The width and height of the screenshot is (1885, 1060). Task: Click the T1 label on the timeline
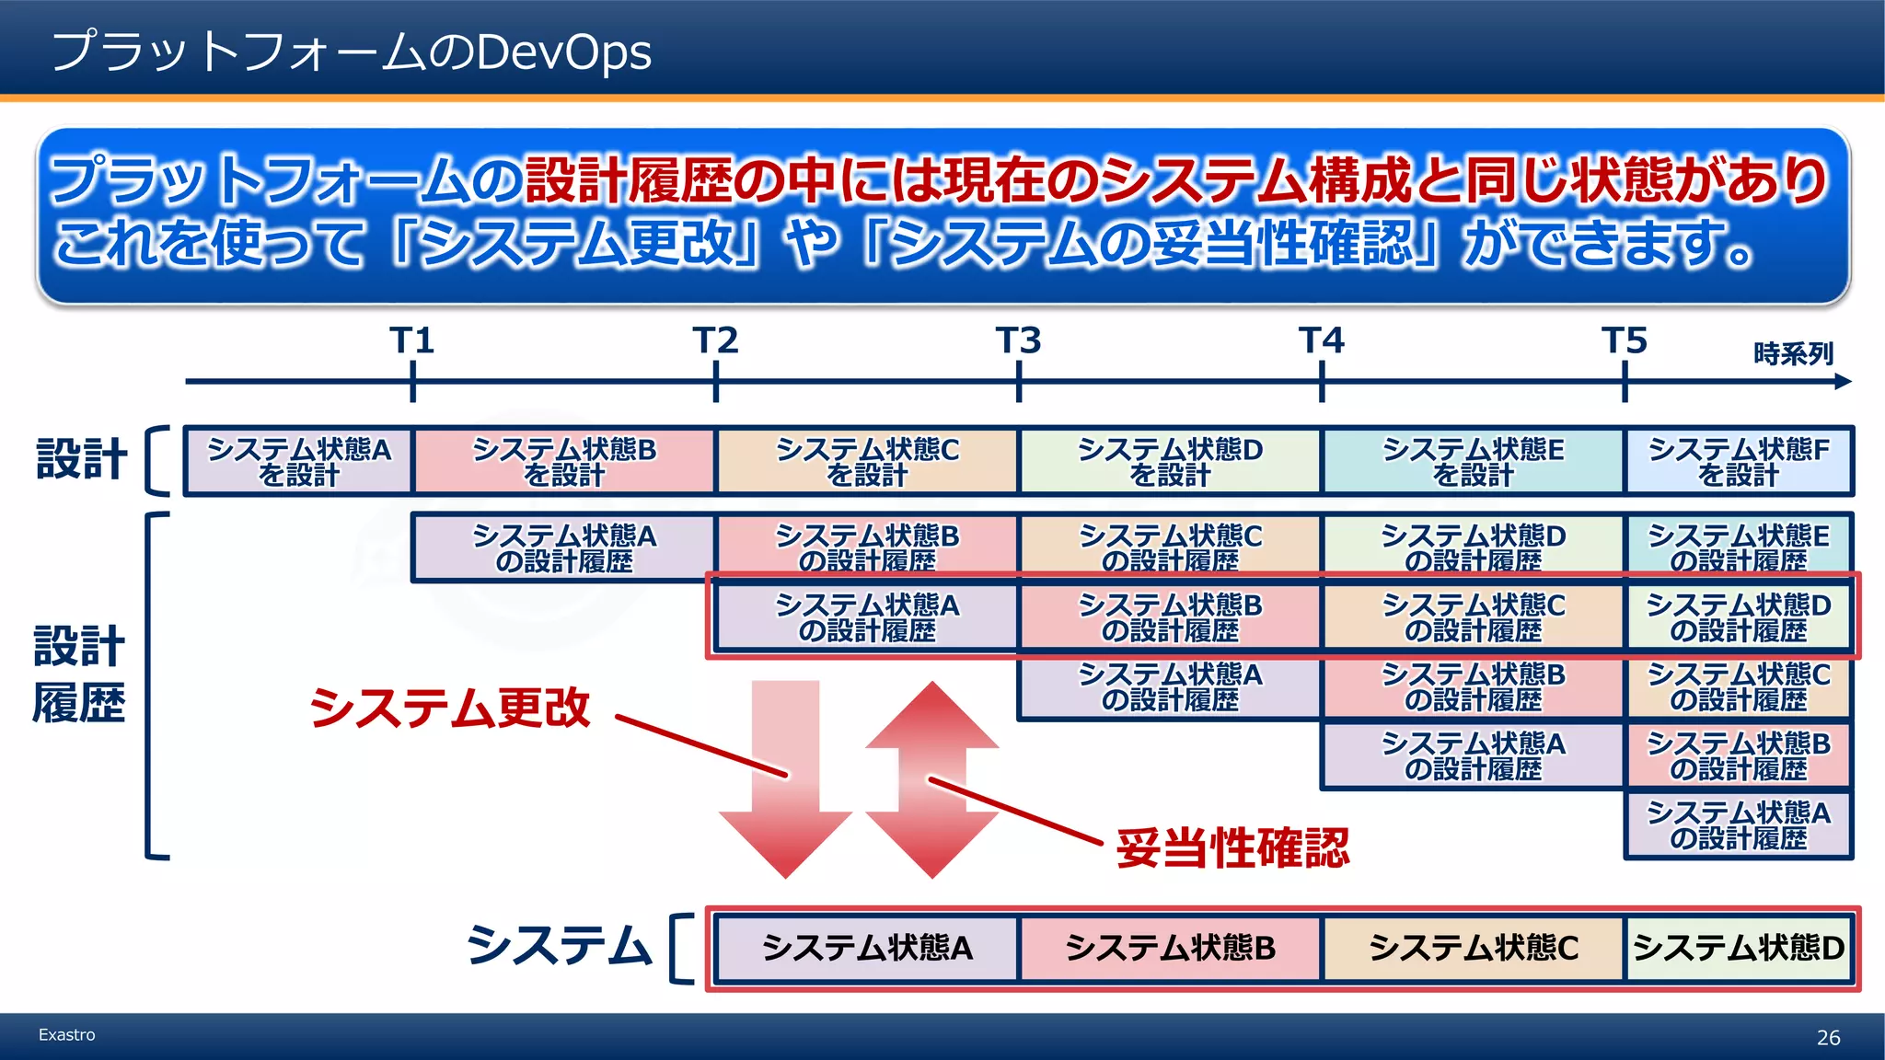click(411, 341)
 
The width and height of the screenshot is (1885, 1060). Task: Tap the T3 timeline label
click(1018, 341)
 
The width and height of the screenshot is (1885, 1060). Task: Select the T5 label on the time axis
click(1625, 341)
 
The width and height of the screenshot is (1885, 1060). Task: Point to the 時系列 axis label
click(1793, 353)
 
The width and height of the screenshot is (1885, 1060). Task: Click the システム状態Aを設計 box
click(299, 461)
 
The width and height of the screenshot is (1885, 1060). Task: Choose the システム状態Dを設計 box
click(1170, 461)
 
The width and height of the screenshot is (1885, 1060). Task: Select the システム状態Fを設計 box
click(1739, 461)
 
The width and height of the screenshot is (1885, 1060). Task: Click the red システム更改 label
click(449, 709)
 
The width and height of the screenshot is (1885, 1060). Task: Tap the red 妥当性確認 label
click(1232, 847)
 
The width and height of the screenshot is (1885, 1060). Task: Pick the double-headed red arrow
click(932, 778)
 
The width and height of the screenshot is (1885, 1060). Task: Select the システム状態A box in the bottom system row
click(867, 949)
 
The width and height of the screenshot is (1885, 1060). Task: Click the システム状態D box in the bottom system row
click(1739, 949)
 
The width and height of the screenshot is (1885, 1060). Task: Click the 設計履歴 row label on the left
click(79, 674)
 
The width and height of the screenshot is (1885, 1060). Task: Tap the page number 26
click(1828, 1038)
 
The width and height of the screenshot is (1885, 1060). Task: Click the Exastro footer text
click(66, 1035)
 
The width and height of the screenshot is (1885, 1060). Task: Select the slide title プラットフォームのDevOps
click(352, 52)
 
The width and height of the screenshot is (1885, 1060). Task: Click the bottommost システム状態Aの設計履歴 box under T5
click(1739, 825)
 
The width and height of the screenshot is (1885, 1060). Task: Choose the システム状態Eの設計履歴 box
click(1739, 547)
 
